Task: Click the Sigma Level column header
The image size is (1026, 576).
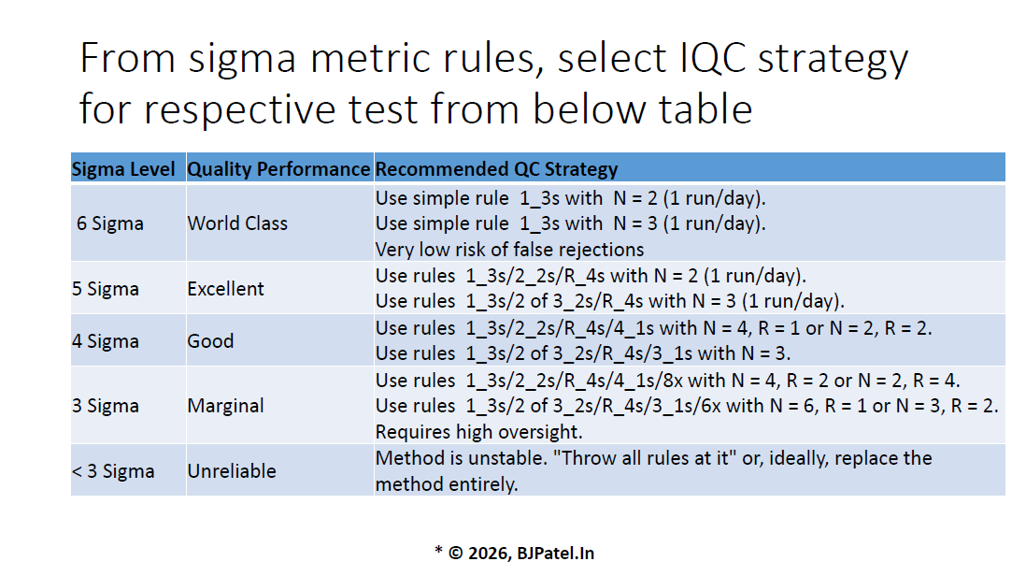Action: point(123,169)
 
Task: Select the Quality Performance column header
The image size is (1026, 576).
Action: point(278,169)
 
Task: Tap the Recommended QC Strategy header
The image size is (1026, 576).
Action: point(496,169)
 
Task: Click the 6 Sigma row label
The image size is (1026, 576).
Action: point(110,223)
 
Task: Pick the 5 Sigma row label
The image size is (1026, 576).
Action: point(106,289)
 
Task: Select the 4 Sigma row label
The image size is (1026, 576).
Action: point(106,341)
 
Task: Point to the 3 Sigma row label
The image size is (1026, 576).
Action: point(106,406)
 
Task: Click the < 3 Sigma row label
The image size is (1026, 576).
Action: point(113,471)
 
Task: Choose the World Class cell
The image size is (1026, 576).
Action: point(237,223)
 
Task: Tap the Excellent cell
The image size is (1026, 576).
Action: point(226,289)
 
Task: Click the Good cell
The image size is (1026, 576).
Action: point(210,341)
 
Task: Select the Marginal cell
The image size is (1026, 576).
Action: point(226,406)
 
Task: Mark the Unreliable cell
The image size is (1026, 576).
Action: point(232,471)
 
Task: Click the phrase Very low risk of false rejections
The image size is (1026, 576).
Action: point(509,250)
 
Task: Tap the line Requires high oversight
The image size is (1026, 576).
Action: point(479,432)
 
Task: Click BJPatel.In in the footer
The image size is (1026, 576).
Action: point(556,554)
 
